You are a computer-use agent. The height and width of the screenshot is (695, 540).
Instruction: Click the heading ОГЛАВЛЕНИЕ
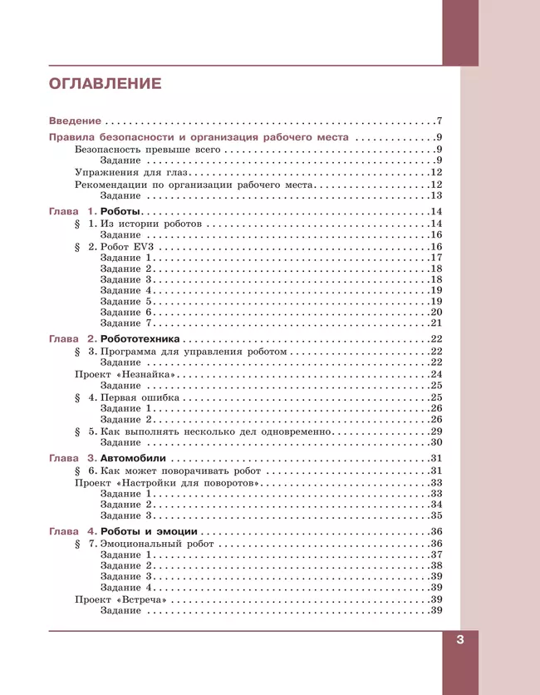pyautogui.click(x=105, y=83)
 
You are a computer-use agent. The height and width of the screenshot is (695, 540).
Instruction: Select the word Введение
pyautogui.click(x=75, y=121)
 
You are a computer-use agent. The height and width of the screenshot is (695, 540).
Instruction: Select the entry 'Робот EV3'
pyautogui.click(x=128, y=247)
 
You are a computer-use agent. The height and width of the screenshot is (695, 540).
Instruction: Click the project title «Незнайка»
pyautogui.click(x=150, y=374)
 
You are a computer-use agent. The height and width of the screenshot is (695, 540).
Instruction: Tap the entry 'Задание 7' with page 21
pyautogui.click(x=126, y=323)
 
